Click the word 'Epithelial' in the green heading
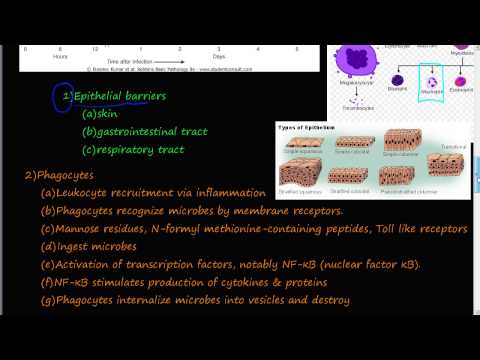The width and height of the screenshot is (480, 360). point(104,96)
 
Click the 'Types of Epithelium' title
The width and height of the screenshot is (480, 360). point(306,129)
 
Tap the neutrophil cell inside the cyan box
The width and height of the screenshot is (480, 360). point(433,85)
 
